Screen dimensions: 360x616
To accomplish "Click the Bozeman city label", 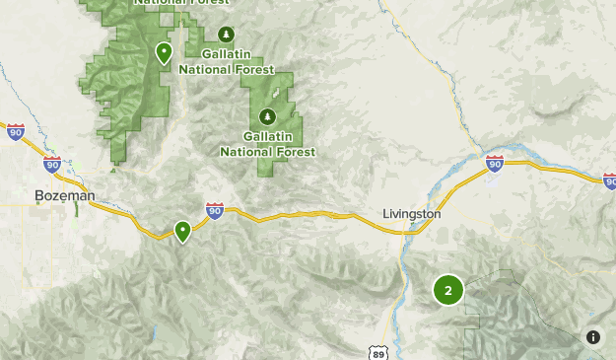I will [64, 196].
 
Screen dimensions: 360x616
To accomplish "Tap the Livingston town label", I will [411, 214].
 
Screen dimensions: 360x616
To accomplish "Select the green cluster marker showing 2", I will [448, 290].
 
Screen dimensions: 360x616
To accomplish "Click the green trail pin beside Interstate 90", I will [182, 231].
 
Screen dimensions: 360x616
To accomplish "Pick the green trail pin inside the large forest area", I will [164, 52].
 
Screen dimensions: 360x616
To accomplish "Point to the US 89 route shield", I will [379, 353].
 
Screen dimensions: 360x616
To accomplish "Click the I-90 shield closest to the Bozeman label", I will [52, 165].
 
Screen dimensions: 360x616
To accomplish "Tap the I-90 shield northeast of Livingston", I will [495, 164].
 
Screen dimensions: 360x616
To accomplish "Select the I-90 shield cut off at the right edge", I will [610, 181].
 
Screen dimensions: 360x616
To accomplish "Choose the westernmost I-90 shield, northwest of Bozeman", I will [15, 132].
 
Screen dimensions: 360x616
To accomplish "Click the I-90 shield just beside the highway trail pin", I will [215, 210].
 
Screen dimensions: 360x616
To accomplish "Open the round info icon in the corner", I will [593, 337].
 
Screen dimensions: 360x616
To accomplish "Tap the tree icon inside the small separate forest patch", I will [265, 116].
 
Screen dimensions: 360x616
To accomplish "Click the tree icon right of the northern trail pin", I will [227, 35].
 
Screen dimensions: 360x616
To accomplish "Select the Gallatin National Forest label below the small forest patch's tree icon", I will [267, 144].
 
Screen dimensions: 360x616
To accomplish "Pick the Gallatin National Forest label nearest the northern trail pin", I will [238, 61].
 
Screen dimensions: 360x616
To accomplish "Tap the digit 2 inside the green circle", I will [448, 290].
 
